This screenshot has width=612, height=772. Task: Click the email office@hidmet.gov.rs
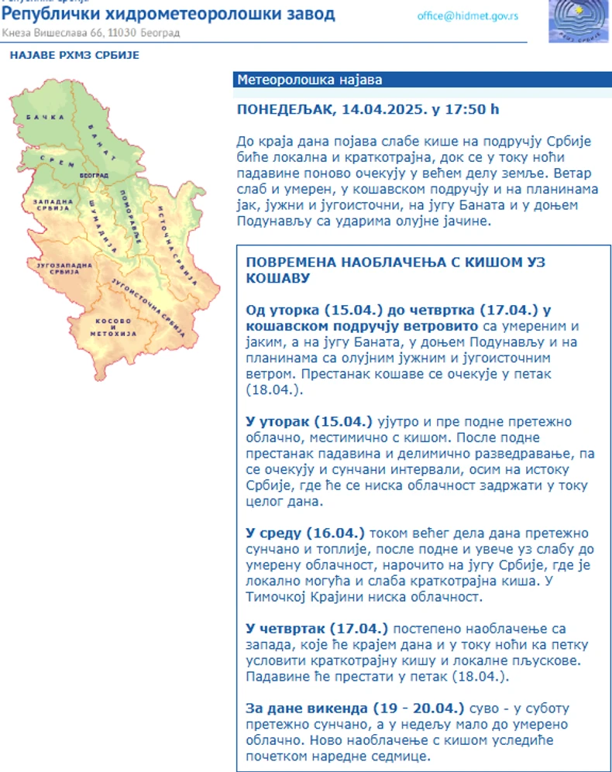pos(467,15)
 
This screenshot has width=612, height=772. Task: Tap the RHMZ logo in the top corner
pos(579,21)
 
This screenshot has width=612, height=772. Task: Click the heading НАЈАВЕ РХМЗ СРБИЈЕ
pos(74,55)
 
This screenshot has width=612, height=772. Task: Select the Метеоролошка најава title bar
pos(310,80)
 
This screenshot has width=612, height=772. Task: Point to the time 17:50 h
pos(471,109)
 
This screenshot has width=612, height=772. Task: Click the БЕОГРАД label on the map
pos(94,176)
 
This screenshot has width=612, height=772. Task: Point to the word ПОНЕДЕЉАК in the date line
pos(284,109)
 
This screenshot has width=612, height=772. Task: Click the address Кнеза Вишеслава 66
pos(51,33)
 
